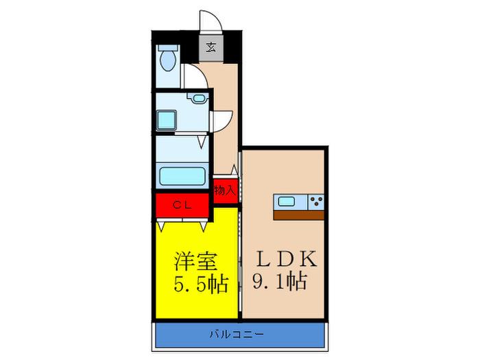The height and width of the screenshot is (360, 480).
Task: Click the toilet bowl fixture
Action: point(168,60)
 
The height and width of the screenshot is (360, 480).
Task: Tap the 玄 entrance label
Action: point(211,47)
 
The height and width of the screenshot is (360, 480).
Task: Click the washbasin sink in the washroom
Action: point(198,99)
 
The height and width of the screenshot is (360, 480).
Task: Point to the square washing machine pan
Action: point(167,120)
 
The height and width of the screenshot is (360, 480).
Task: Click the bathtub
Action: point(182,177)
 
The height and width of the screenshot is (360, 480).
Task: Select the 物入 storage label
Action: point(225,191)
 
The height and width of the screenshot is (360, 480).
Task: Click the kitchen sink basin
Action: point(286,202)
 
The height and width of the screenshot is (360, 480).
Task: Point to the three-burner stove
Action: point(316,202)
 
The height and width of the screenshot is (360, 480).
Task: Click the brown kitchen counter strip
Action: point(298,215)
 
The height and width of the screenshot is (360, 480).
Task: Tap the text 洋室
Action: point(196,261)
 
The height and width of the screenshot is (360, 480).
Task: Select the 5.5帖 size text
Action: point(201,285)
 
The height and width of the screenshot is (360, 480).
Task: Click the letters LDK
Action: point(286,259)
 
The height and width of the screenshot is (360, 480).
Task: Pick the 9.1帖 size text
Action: point(280,282)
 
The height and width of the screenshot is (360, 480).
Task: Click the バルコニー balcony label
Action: point(237,334)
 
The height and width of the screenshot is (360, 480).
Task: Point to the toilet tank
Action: point(168,48)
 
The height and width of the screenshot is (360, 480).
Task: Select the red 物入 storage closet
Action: point(226,189)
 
